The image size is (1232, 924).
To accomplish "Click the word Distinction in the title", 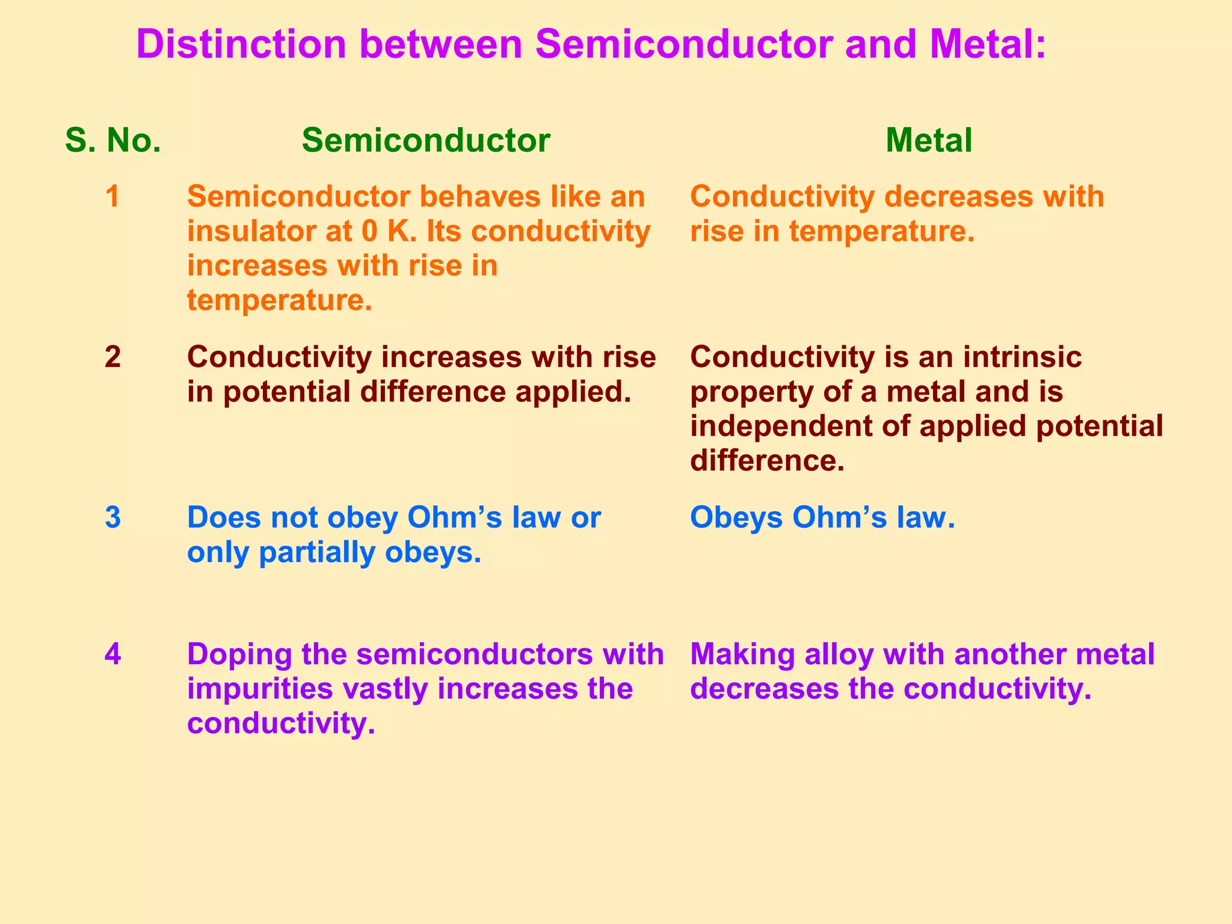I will pos(241,45).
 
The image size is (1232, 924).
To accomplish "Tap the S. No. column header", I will pos(113,140).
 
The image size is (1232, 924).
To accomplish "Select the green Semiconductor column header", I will pos(426,140).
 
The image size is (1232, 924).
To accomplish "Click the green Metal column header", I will pos(928,140).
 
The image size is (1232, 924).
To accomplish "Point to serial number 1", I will pos(112,197).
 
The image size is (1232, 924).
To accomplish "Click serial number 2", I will pos(112,357).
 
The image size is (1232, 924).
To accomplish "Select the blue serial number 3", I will pos(112,517).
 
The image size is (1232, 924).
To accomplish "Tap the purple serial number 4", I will pos(112,654).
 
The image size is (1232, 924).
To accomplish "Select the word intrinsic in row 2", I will pos(1022,357).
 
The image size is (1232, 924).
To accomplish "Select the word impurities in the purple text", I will pos(260,689).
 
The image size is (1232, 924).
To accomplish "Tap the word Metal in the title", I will pos(987,45).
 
